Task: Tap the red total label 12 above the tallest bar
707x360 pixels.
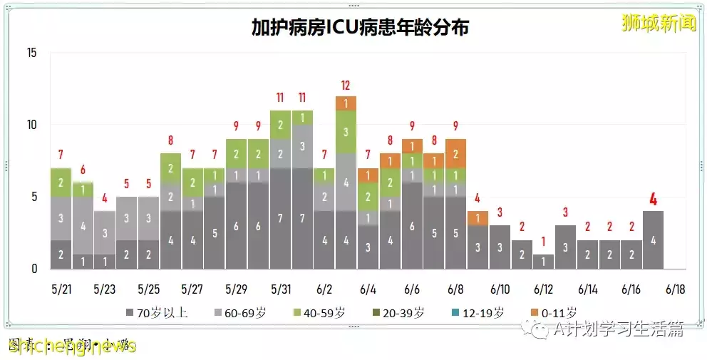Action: point(346,86)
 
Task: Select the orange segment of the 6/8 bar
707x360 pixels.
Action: point(455,153)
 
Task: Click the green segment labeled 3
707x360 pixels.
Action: point(346,132)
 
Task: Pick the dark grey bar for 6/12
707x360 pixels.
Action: point(543,262)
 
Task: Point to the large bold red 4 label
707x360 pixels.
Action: point(653,200)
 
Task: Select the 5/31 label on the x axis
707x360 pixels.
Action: point(280,289)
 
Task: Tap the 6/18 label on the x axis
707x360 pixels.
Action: point(675,289)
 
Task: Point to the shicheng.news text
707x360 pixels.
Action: point(71,346)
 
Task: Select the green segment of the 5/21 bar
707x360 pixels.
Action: point(61,182)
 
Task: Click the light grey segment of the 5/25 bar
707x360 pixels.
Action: point(148,218)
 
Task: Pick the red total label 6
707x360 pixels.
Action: point(83,170)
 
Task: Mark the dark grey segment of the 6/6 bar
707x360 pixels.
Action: point(412,225)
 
